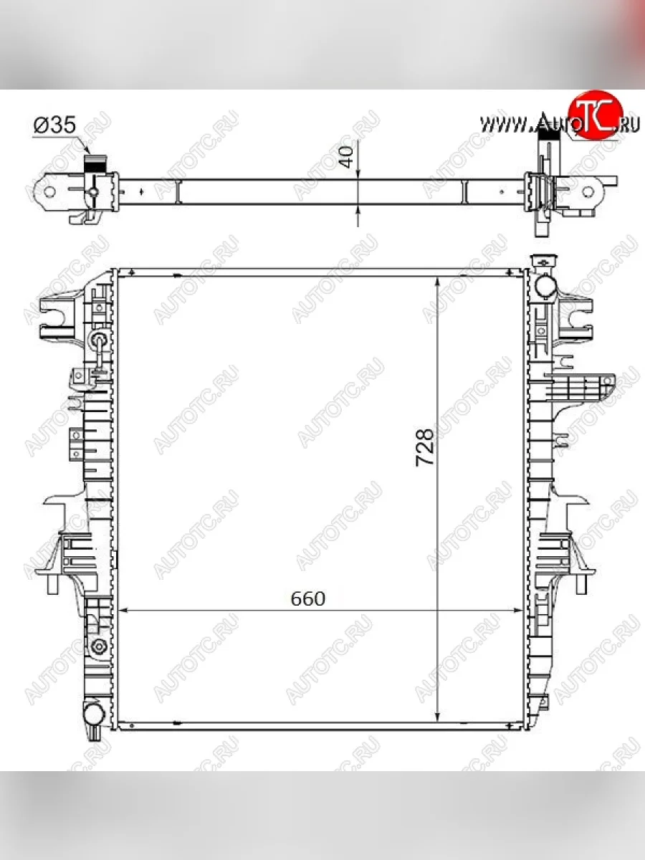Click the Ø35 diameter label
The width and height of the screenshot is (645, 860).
pyautogui.click(x=55, y=125)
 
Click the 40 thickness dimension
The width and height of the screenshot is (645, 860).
pyautogui.click(x=347, y=157)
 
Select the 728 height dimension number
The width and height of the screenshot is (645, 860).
pyautogui.click(x=425, y=447)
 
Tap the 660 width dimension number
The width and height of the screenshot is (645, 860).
pyautogui.click(x=308, y=598)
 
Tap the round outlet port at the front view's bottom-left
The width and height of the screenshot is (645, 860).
pyautogui.click(x=94, y=714)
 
